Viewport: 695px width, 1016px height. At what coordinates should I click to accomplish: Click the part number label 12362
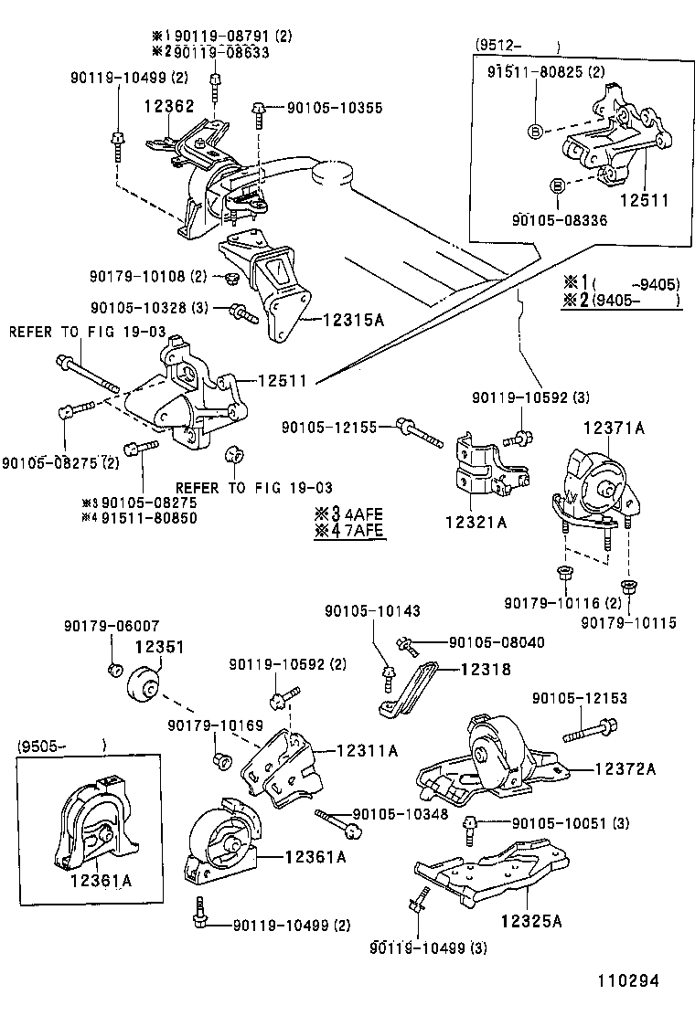[168, 106]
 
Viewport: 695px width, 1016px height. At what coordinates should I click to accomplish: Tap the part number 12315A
[353, 320]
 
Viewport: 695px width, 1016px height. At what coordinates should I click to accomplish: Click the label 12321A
[476, 523]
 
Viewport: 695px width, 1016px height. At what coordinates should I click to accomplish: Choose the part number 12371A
[615, 428]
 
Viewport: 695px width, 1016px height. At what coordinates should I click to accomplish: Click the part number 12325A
[530, 920]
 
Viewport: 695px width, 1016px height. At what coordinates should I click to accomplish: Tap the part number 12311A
[367, 750]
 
